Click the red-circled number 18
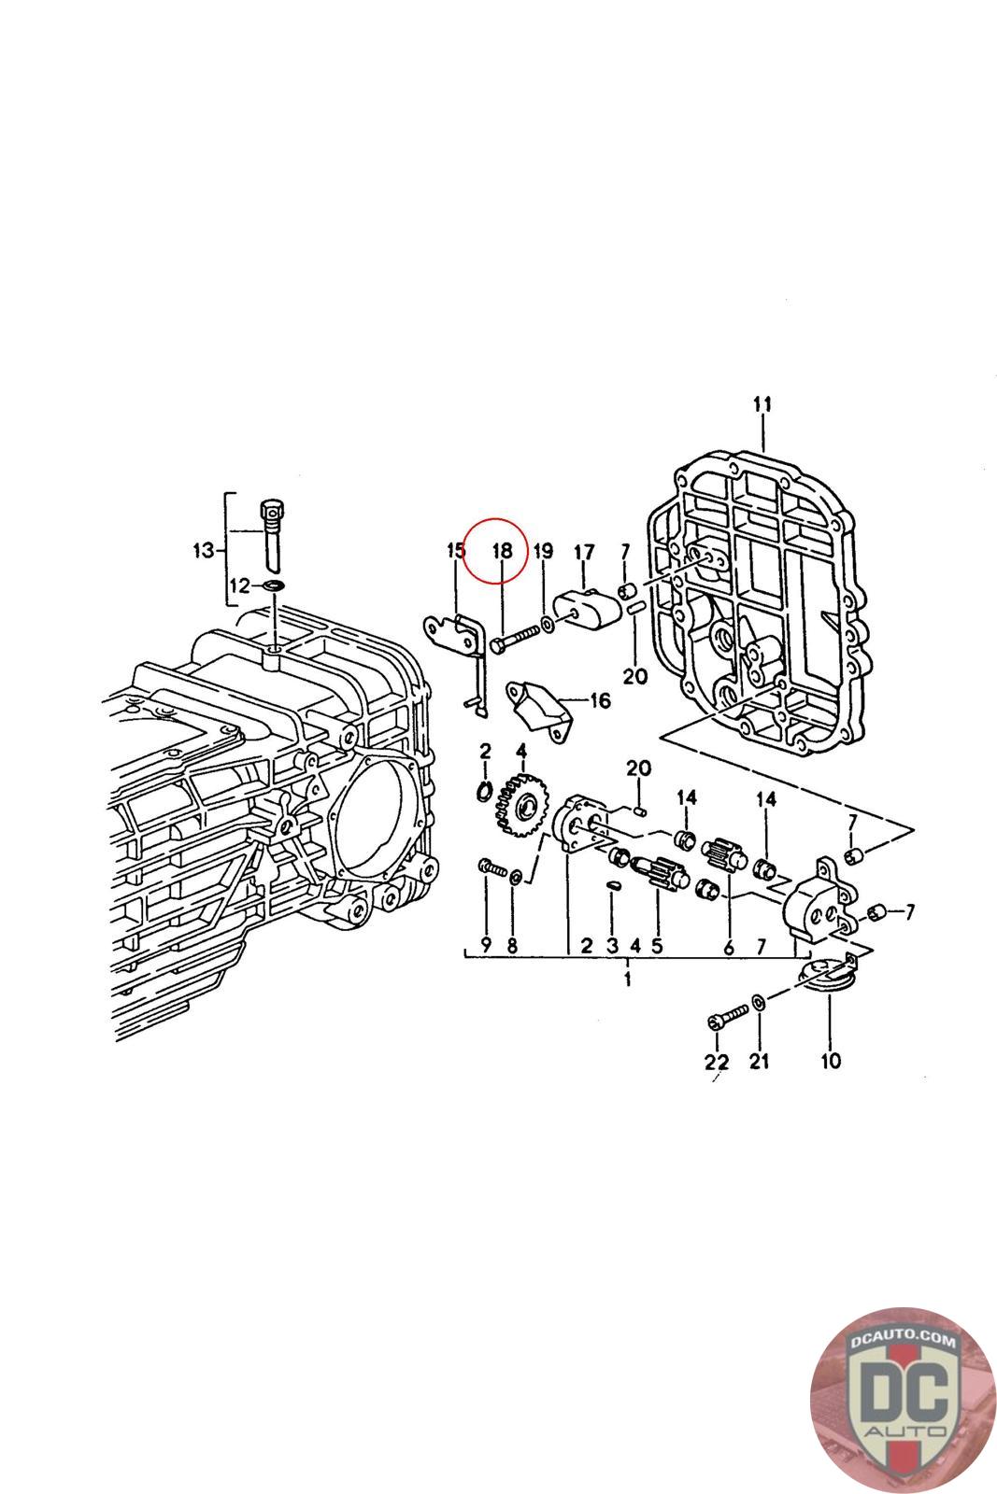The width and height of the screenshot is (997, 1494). [503, 551]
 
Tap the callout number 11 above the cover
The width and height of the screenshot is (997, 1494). [762, 404]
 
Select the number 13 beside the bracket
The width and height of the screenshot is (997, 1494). [203, 551]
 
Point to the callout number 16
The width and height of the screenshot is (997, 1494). [599, 700]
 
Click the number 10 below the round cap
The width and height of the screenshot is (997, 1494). [830, 1060]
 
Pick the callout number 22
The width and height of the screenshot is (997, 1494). [716, 1062]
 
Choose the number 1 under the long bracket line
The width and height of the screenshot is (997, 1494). [628, 980]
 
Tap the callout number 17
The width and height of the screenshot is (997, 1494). [584, 554]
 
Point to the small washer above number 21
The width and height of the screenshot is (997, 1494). [760, 1002]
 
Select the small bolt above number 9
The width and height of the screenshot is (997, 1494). [490, 868]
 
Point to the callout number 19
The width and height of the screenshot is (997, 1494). [543, 551]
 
